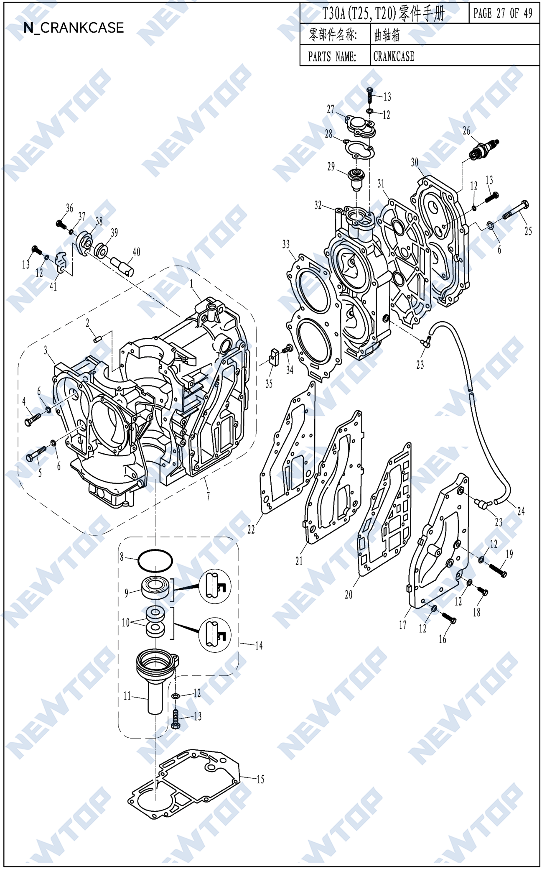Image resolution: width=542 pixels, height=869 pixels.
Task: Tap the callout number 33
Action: (286, 244)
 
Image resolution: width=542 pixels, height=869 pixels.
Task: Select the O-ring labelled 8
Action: (155, 561)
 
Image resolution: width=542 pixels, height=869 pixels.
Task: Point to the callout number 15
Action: (260, 779)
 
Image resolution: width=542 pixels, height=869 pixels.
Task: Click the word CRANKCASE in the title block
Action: (394, 56)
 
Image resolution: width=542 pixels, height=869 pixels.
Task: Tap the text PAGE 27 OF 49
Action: (503, 13)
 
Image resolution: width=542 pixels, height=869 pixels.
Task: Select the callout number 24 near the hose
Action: (521, 511)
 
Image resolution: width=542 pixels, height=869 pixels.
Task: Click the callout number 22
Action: (251, 529)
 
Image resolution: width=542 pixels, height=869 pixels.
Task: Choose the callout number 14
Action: (259, 645)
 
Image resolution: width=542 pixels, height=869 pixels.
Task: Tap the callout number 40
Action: (136, 252)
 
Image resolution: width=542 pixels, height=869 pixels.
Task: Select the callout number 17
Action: (402, 625)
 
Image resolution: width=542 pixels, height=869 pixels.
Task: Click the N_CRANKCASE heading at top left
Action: (74, 28)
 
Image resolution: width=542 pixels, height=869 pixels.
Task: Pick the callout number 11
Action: (127, 696)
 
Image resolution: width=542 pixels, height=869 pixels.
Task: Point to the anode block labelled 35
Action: (274, 358)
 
